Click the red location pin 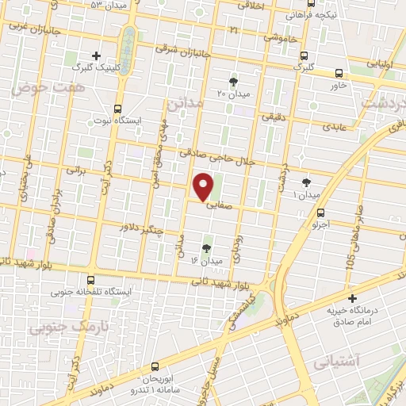(x=204, y=186)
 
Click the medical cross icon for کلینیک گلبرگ (x=95, y=56)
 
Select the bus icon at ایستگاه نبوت (x=117, y=109)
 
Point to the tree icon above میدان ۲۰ (x=233, y=81)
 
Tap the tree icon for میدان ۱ (x=306, y=182)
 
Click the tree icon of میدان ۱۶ (x=207, y=248)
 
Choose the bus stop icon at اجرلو (x=320, y=213)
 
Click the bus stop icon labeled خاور (x=339, y=71)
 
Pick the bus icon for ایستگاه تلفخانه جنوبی (x=90, y=279)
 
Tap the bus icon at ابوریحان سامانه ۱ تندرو (x=154, y=366)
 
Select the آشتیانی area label (x=336, y=362)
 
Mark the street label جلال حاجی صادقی (x=216, y=155)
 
